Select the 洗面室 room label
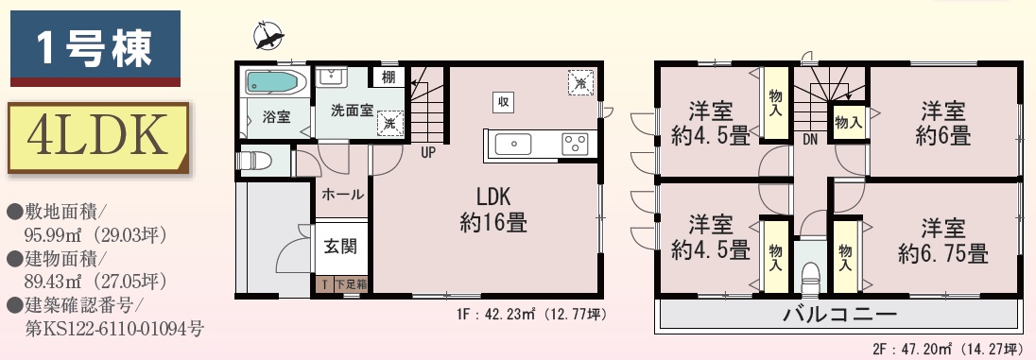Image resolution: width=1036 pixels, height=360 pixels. tap(353, 110)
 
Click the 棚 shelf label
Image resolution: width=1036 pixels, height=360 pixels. tap(388, 77)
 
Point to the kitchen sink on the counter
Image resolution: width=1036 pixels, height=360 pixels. tap(512, 144)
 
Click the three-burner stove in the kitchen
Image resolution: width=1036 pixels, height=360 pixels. tap(575, 144)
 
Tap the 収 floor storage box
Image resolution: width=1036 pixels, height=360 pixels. tap(503, 102)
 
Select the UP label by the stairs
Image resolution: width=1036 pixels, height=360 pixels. tap(428, 153)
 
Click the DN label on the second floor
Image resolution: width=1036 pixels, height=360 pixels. tap(811, 140)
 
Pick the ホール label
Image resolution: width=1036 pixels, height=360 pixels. tap(342, 195)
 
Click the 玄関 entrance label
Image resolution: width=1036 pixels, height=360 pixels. tap(340, 246)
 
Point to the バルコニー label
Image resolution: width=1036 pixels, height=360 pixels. tap(839, 315)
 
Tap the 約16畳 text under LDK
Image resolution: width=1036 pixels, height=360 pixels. tap(493, 223)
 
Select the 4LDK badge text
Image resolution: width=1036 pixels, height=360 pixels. tap(97, 137)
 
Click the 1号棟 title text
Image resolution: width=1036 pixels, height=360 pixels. tap(95, 48)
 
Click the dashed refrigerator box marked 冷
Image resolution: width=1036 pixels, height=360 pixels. tap(580, 82)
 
